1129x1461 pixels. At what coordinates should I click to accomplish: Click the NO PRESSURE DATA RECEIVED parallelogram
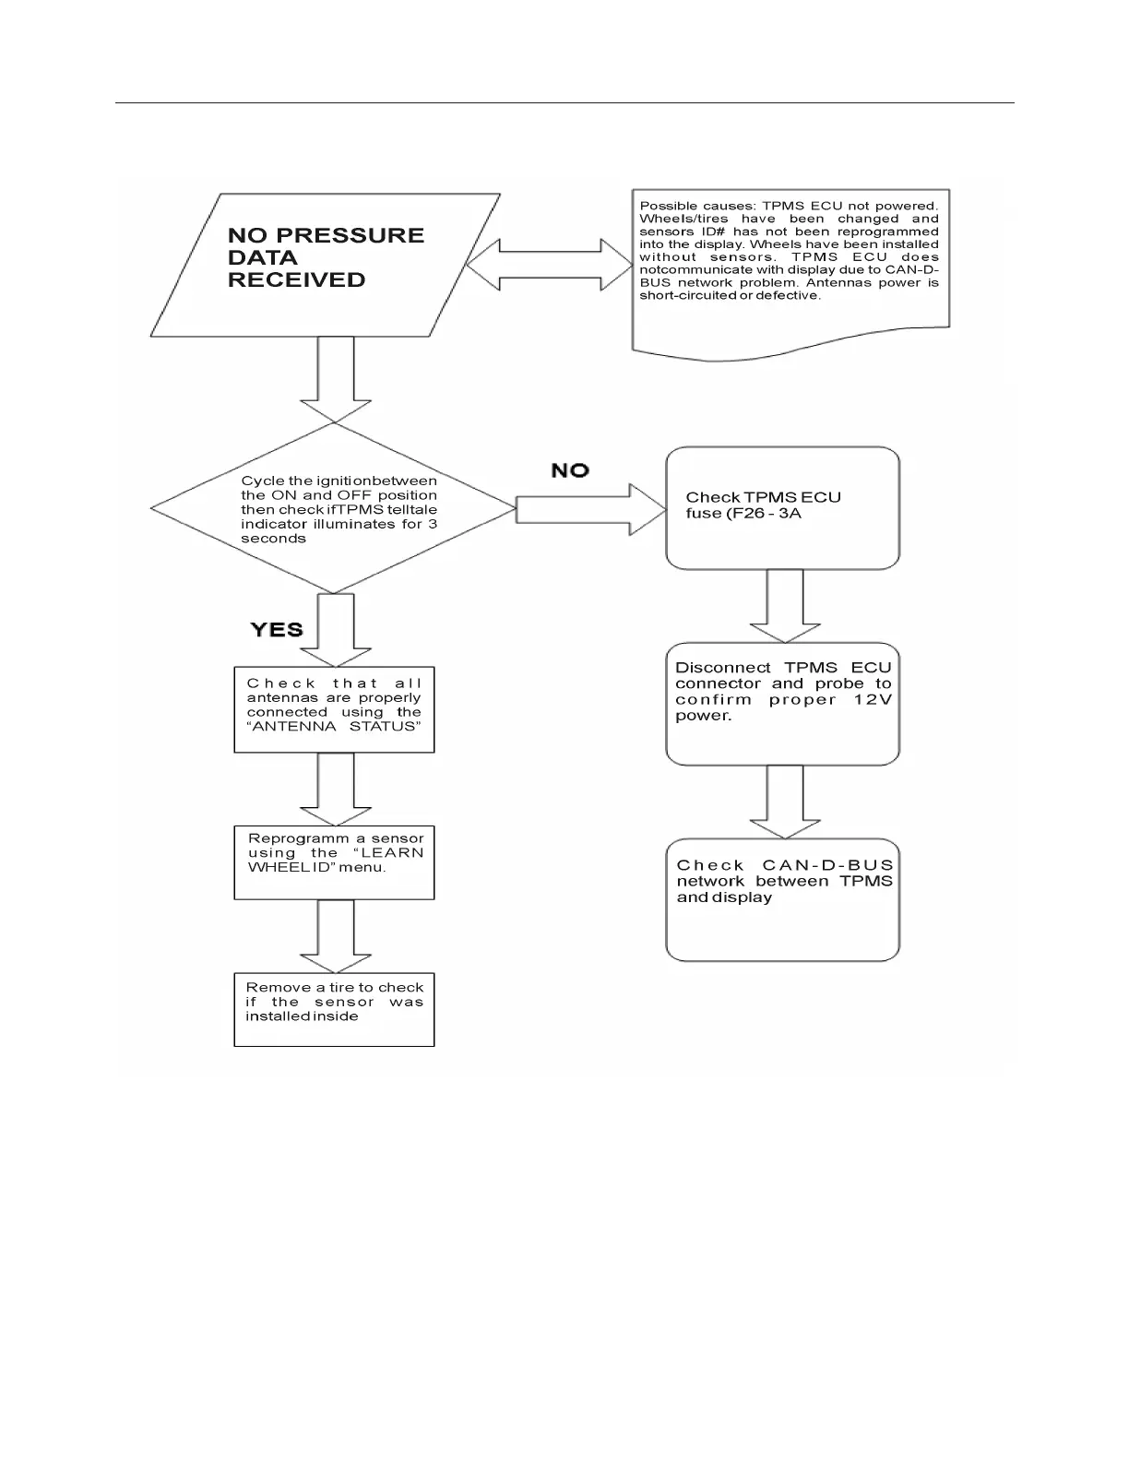coord(325,265)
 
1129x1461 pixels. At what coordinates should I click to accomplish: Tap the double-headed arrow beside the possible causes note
coord(550,265)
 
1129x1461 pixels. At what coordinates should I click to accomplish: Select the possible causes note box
coord(790,267)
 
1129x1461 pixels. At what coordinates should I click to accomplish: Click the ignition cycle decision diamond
coord(333,508)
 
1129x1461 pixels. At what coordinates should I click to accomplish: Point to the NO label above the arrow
coord(570,470)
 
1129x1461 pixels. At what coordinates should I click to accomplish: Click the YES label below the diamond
coord(277,630)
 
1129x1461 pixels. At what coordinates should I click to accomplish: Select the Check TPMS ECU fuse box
coord(782,508)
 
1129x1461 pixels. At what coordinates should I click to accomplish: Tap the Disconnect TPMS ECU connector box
coord(782,704)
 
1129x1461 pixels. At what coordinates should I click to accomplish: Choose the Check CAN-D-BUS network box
coord(782,899)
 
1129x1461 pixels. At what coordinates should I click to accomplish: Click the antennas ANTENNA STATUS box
coord(334,709)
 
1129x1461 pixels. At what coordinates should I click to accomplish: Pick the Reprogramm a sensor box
coord(334,862)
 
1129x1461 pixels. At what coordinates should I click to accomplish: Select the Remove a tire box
coord(334,1009)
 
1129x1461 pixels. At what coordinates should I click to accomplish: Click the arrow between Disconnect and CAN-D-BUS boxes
coord(785,802)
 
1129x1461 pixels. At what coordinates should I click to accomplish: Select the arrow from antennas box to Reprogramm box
coord(336,789)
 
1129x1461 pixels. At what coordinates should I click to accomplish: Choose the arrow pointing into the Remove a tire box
coord(336,936)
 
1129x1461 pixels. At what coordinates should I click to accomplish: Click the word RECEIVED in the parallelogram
coord(296,280)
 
